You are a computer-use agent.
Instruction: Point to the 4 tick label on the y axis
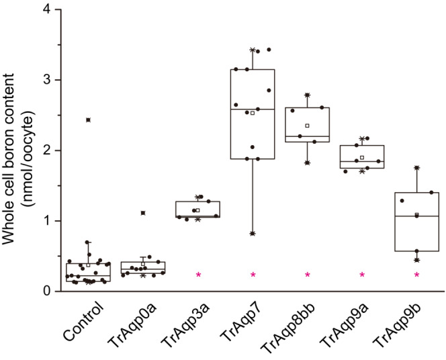click(x=46, y=9)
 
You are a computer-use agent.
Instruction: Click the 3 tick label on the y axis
click(x=46, y=80)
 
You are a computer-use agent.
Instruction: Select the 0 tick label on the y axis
click(x=46, y=291)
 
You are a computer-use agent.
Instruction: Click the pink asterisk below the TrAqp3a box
click(x=198, y=275)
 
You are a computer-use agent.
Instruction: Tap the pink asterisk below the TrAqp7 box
click(x=253, y=275)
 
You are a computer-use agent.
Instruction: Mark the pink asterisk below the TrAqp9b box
click(x=416, y=275)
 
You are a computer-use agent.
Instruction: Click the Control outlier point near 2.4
click(x=89, y=120)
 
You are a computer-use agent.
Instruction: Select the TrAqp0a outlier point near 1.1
click(x=143, y=213)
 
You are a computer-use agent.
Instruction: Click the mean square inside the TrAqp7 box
click(x=253, y=113)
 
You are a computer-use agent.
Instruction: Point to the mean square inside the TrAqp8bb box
click(x=307, y=126)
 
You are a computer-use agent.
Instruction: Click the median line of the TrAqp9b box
click(x=416, y=216)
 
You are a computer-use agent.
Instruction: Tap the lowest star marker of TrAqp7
click(x=253, y=233)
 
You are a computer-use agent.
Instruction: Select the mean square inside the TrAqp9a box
click(x=362, y=157)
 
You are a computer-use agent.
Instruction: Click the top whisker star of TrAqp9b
click(x=416, y=168)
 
